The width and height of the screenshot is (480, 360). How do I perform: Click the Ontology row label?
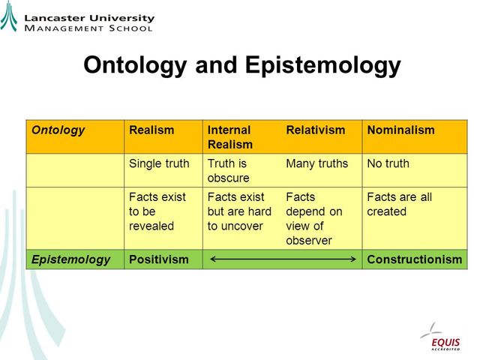58,130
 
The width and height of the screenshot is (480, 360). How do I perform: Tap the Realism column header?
151,130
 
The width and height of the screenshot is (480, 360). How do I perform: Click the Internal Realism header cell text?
229,136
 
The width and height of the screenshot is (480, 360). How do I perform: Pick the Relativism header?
316,130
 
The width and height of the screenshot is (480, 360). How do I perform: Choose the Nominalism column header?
400,130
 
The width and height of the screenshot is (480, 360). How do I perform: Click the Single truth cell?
159,163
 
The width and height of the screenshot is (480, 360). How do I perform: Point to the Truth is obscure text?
228,170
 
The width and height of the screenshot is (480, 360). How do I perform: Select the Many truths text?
317,163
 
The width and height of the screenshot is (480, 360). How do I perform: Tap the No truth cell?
388,163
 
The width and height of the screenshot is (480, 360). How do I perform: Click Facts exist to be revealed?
157,211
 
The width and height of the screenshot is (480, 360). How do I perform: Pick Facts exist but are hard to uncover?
239,211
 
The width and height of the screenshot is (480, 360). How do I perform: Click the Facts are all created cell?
399,204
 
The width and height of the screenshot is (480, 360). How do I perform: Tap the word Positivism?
159,259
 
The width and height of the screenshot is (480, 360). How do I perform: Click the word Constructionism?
414,259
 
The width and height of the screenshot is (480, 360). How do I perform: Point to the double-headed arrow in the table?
282,259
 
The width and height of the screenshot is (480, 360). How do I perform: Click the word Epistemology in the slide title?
323,65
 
